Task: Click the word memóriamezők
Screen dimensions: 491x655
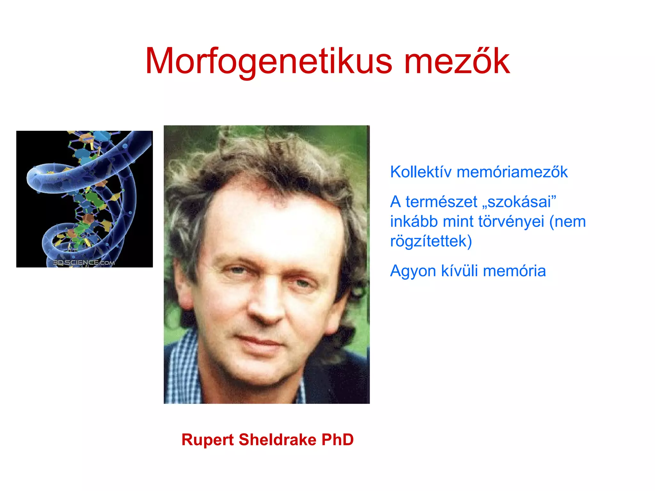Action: tap(512, 172)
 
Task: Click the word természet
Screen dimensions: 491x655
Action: tap(441, 202)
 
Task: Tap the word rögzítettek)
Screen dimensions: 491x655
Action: tap(431, 241)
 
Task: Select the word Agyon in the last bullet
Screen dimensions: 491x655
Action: tap(413, 271)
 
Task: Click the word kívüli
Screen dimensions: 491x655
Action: tap(459, 271)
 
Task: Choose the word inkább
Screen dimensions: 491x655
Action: tap(414, 222)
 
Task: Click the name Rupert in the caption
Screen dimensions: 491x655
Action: tap(208, 440)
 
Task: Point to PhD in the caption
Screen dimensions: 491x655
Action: tap(338, 440)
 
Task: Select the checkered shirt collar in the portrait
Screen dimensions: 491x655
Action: tap(185, 361)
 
